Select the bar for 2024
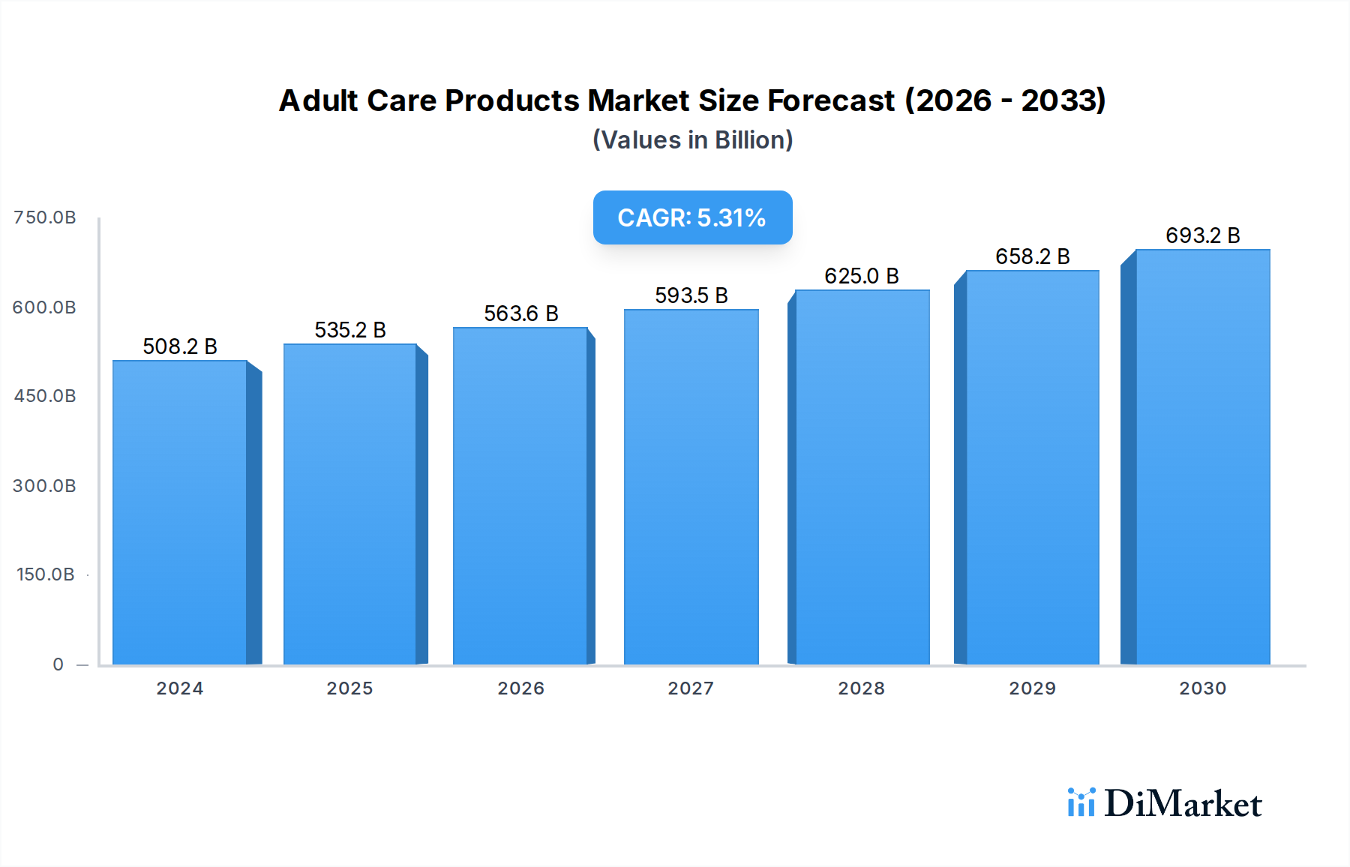coord(180,513)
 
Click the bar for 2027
coord(691,487)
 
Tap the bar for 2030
coord(1202,457)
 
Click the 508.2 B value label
coord(180,346)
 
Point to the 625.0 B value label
coord(861,276)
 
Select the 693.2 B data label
coord(1202,235)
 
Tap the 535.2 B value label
coord(349,330)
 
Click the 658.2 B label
coord(1032,256)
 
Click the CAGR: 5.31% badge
coord(692,217)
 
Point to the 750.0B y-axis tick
coord(45,217)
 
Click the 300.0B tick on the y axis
coord(45,486)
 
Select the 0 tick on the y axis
coord(58,664)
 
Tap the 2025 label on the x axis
coord(349,688)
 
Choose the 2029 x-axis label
coord(1032,688)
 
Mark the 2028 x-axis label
coord(861,688)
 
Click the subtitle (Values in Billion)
coord(692,140)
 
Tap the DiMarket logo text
coord(1183,804)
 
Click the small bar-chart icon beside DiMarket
coord(1081,802)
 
